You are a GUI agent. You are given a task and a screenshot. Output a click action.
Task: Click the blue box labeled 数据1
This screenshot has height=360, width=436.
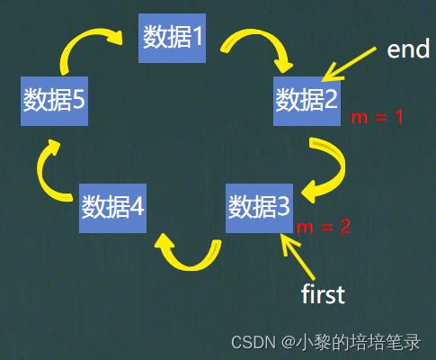click(172, 38)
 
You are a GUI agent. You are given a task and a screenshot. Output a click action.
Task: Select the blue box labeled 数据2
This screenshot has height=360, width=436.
click(307, 101)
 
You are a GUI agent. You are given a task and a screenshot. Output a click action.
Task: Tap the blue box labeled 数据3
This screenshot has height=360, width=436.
click(259, 208)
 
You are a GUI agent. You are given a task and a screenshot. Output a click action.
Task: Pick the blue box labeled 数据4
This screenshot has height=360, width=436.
click(112, 208)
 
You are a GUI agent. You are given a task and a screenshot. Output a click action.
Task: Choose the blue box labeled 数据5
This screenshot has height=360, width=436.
click(54, 101)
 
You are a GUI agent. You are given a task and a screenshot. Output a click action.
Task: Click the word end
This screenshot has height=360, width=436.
click(408, 49)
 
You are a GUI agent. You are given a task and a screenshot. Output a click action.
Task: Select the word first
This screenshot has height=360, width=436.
click(323, 293)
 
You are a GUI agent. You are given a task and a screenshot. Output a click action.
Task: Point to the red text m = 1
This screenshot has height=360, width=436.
click(377, 117)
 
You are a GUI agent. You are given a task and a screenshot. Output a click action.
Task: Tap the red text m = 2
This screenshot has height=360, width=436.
click(323, 227)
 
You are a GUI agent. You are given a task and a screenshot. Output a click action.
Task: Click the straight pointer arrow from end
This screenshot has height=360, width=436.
click(349, 64)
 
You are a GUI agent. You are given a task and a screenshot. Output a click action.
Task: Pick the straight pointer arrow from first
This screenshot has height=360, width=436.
click(298, 256)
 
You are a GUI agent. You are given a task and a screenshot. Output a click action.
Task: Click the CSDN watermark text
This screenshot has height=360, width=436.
click(254, 342)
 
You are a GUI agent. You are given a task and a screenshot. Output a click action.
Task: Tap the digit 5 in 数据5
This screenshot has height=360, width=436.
click(78, 100)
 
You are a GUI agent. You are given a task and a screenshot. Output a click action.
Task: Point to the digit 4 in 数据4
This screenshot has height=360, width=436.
click(137, 206)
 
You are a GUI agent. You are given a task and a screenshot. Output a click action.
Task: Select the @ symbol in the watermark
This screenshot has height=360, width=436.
click(288, 342)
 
